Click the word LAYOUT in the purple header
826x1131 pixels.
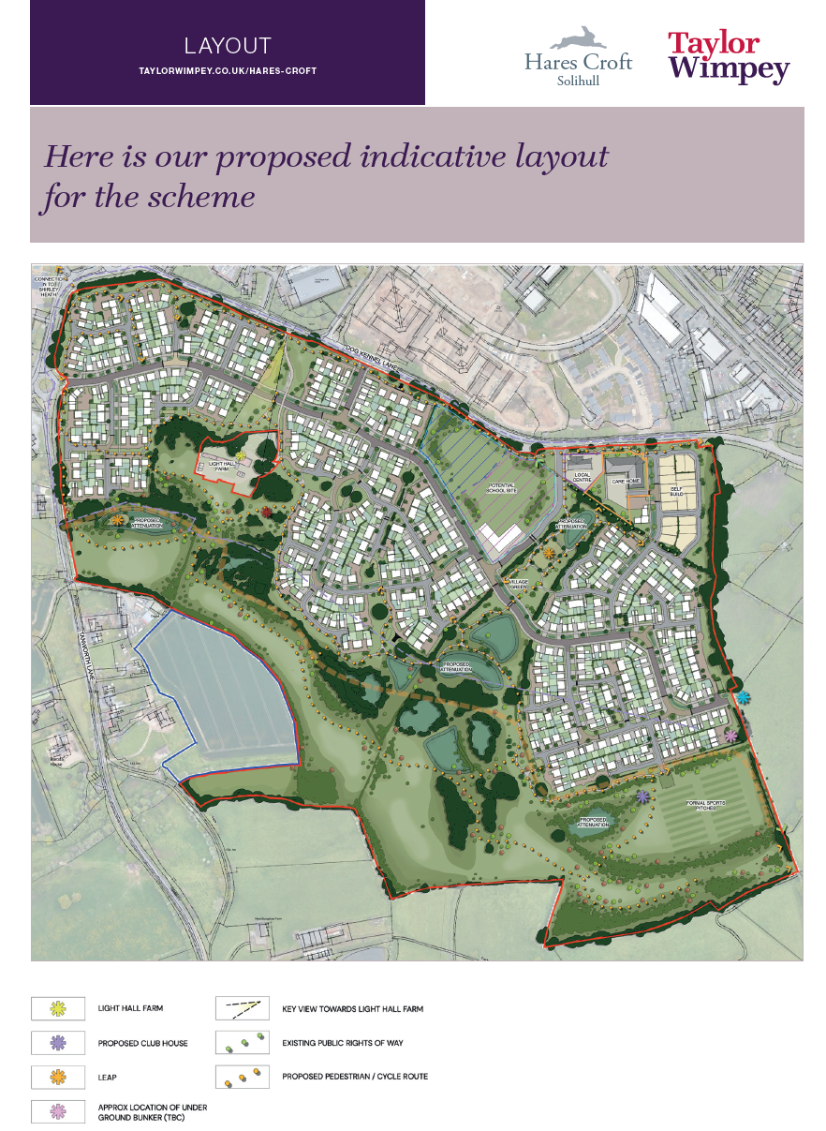click(228, 46)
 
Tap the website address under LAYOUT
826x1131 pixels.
click(228, 71)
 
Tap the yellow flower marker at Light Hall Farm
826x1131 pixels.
click(241, 455)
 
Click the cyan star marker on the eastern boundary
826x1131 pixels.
click(743, 698)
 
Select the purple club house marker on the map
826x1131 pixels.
click(643, 797)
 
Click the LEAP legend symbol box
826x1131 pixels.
click(58, 1077)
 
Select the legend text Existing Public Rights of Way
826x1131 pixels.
click(342, 1042)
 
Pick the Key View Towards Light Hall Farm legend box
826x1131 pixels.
click(243, 1008)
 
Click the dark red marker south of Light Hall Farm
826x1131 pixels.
click(268, 512)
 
